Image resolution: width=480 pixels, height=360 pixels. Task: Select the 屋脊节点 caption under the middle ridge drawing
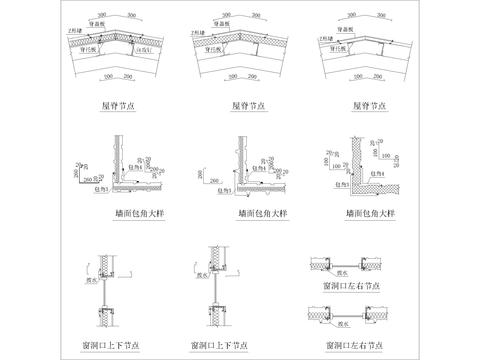pos(236,103)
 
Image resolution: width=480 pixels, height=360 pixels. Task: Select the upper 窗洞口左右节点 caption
pos(347,283)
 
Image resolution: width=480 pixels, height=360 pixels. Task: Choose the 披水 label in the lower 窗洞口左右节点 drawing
pos(345,322)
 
